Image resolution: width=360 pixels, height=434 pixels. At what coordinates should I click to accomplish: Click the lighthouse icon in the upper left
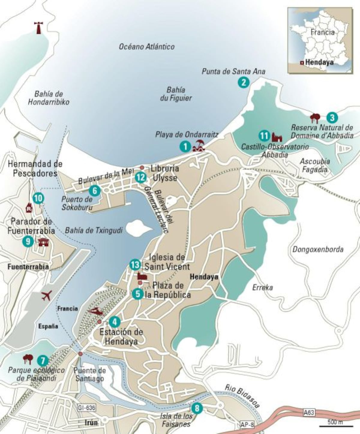click(x=38, y=28)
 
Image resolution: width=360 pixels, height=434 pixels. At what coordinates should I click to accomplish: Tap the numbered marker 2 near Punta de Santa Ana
click(x=243, y=82)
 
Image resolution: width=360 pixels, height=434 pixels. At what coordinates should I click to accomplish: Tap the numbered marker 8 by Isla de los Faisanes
click(x=197, y=408)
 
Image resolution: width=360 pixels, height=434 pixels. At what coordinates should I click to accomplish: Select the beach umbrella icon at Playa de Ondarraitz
click(x=198, y=146)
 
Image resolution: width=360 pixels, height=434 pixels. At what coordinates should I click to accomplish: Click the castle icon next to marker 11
click(x=277, y=137)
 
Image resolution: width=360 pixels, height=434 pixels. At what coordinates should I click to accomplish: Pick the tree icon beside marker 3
click(x=315, y=118)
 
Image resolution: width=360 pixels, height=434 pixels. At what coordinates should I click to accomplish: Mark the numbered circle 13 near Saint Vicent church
click(x=135, y=265)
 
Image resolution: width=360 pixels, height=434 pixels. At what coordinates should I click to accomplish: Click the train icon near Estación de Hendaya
click(x=95, y=311)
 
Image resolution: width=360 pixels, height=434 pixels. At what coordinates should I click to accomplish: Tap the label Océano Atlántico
click(x=146, y=47)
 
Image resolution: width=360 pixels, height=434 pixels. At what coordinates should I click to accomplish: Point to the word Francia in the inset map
click(x=322, y=32)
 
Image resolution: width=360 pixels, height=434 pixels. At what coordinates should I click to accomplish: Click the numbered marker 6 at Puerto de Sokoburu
click(x=94, y=191)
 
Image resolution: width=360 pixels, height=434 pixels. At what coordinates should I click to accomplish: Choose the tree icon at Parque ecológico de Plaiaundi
click(x=28, y=359)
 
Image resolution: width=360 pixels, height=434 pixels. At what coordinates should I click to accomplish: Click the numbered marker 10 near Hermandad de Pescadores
click(x=38, y=198)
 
